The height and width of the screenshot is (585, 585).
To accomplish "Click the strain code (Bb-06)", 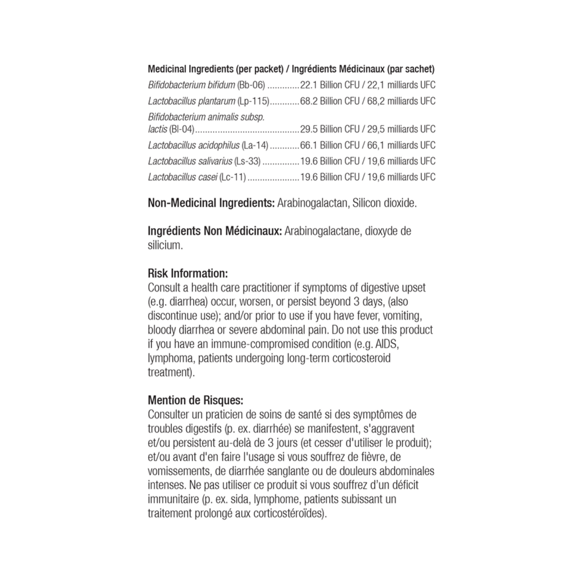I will point(251,85).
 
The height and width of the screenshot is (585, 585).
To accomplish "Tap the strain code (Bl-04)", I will point(182,129).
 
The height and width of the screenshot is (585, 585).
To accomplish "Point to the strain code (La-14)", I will point(255,145).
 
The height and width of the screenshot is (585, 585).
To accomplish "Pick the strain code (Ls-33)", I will point(247,161).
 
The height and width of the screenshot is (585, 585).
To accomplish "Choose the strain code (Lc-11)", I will point(232,177).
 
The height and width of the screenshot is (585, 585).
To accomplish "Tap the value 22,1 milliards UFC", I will point(401,85).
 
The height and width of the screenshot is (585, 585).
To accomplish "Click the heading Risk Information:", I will point(188,273).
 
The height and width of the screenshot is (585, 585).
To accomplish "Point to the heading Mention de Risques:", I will point(196,400).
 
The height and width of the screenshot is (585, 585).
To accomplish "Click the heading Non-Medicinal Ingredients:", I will point(211,203).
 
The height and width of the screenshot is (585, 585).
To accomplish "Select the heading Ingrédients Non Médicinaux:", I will point(215,231).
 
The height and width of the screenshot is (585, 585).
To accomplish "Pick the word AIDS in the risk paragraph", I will point(387,344).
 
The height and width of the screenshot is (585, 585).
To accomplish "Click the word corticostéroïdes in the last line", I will point(290,513).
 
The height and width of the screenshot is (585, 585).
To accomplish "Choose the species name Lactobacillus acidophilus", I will point(194,145).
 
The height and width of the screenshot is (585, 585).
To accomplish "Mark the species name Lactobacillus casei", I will point(183,177).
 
